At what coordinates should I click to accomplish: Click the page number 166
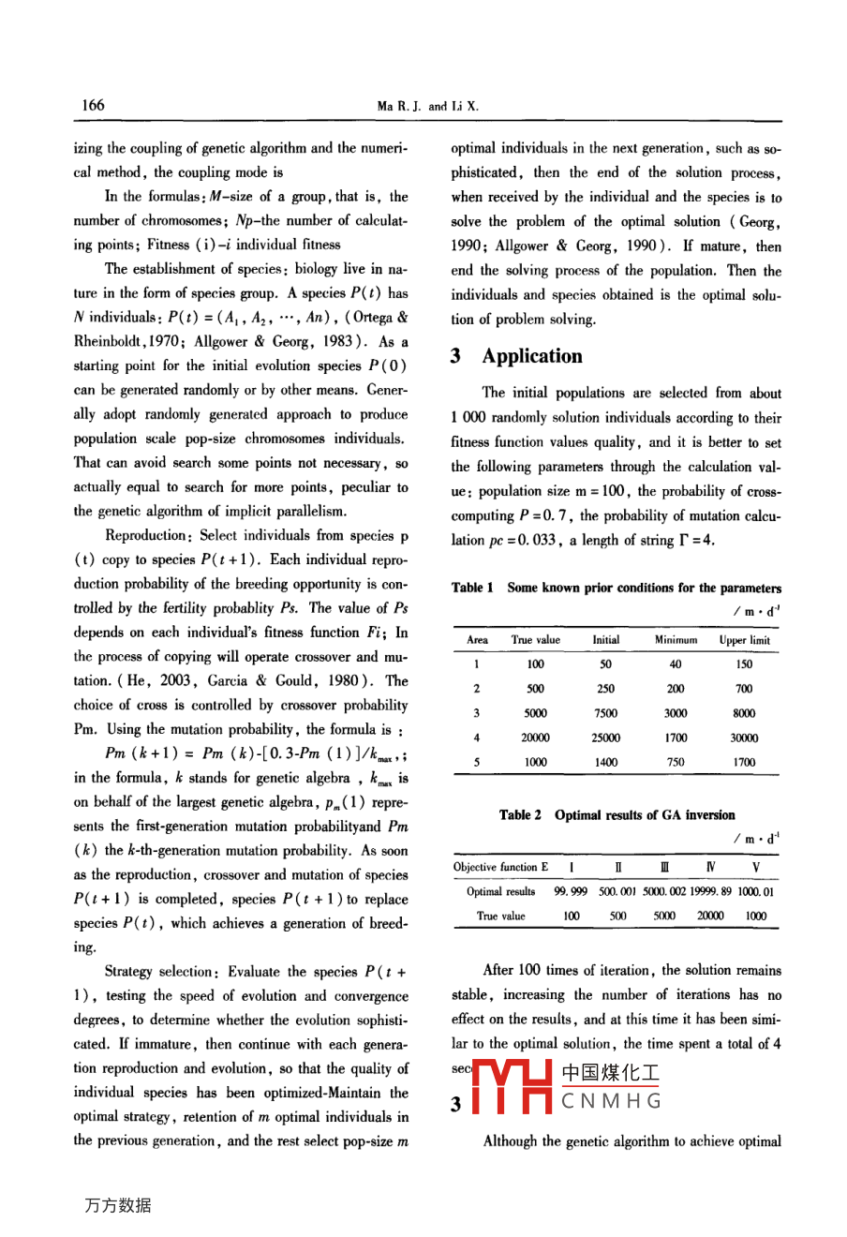[93, 105]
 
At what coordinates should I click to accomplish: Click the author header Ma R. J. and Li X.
[427, 107]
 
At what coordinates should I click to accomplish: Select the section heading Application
[531, 356]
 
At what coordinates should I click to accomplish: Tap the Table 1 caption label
[472, 589]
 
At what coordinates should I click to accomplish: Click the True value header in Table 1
[535, 640]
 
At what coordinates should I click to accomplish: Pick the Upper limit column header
[744, 640]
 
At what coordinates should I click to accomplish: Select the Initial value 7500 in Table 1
[605, 713]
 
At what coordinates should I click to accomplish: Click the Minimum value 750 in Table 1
[675, 762]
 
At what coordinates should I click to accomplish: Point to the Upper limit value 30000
[744, 738]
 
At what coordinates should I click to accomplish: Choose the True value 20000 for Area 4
[535, 738]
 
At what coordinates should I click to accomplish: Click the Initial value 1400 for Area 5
[605, 762]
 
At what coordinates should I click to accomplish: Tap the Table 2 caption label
[520, 815]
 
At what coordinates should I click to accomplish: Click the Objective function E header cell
[500, 867]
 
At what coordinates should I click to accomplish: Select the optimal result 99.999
[571, 891]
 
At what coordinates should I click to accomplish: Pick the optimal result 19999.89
[711, 891]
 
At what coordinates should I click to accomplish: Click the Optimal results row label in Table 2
[500, 891]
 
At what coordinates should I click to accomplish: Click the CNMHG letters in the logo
[611, 1101]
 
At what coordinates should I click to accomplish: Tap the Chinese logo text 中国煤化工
[610, 1074]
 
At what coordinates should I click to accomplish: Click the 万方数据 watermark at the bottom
[118, 1205]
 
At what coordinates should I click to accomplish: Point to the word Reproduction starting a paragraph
[146, 536]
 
